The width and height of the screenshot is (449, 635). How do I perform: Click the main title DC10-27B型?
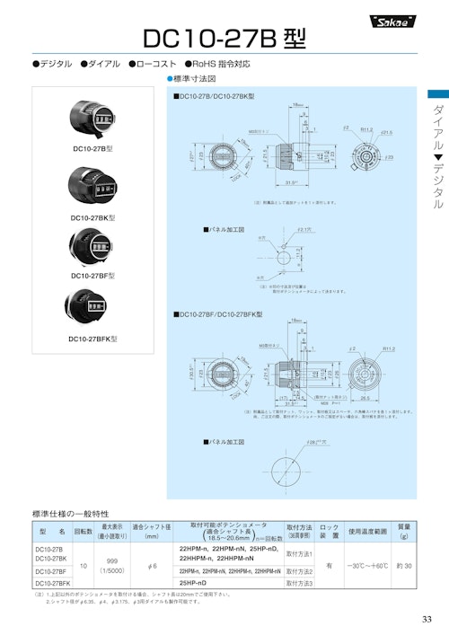click(x=224, y=38)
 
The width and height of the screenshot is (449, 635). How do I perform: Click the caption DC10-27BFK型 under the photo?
click(x=92, y=339)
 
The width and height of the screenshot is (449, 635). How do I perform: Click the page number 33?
click(x=427, y=619)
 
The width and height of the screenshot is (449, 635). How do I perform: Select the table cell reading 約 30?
click(x=404, y=565)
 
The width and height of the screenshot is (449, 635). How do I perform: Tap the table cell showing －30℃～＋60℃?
click(x=368, y=565)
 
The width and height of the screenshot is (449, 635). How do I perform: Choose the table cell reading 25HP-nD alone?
click(x=193, y=583)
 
